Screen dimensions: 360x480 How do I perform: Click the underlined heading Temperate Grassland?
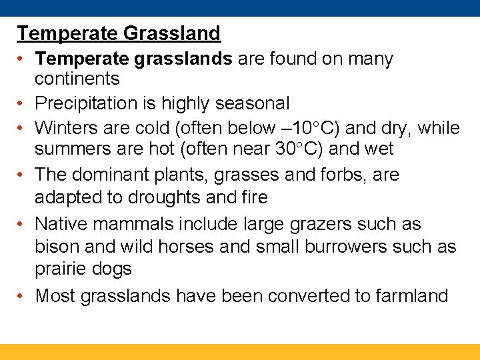point(119,33)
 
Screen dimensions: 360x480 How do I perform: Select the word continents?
point(77,79)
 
